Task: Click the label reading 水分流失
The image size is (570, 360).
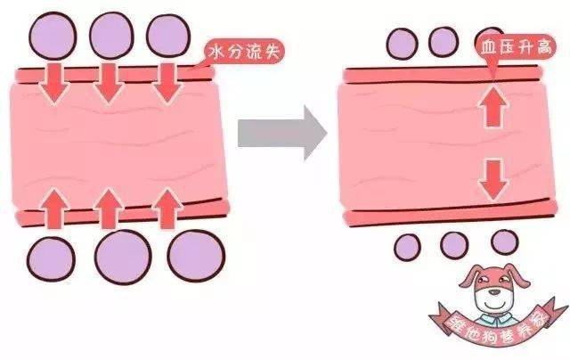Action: click(x=243, y=53)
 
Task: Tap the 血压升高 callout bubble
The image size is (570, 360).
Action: click(x=516, y=47)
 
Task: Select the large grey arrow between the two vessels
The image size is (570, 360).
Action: click(x=282, y=133)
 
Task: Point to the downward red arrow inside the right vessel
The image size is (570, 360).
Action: click(x=493, y=179)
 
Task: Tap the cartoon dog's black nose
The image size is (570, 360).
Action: click(x=494, y=291)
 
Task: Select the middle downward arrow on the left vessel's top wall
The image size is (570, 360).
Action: click(x=109, y=84)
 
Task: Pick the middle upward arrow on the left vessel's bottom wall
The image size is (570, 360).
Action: click(x=108, y=209)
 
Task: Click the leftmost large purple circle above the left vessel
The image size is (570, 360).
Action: click(x=53, y=36)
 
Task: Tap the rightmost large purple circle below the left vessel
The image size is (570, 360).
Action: click(x=196, y=256)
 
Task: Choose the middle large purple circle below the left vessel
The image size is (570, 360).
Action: click(x=123, y=257)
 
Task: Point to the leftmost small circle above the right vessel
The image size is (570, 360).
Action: click(x=402, y=44)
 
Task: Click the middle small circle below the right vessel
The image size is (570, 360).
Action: click(x=454, y=245)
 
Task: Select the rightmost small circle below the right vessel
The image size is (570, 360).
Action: click(x=505, y=242)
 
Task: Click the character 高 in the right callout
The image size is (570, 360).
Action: click(x=544, y=47)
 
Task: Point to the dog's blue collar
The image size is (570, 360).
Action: click(x=493, y=318)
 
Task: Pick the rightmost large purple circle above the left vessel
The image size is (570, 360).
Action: click(x=168, y=36)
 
